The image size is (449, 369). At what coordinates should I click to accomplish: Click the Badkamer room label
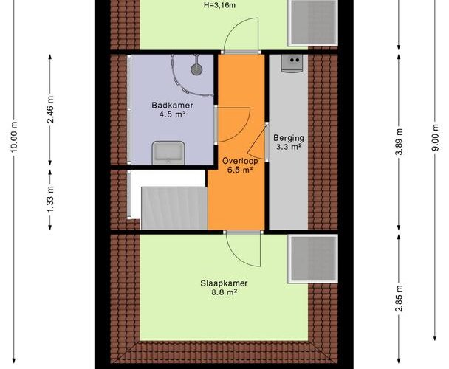(x=172, y=105)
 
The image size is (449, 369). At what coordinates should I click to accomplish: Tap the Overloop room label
(x=240, y=161)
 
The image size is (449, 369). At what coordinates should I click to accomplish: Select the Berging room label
(x=289, y=138)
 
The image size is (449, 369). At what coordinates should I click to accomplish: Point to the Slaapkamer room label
(x=224, y=283)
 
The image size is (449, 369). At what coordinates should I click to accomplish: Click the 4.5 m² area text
(x=172, y=114)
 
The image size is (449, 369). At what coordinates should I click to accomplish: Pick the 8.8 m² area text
(x=224, y=292)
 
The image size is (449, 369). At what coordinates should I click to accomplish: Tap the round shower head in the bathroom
(x=196, y=69)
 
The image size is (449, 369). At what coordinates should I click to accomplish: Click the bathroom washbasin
(x=168, y=154)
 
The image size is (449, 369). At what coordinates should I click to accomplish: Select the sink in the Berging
(x=292, y=63)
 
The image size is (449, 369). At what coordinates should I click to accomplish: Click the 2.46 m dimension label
(x=50, y=110)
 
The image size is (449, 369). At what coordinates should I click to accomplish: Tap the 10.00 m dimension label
(x=14, y=137)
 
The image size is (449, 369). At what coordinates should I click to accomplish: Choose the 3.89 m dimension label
(x=400, y=142)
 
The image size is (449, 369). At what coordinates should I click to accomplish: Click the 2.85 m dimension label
(x=400, y=298)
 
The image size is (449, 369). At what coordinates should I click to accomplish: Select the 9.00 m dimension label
(x=435, y=137)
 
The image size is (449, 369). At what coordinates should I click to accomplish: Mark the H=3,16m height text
(x=219, y=5)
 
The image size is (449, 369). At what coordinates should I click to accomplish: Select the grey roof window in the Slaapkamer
(x=312, y=259)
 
